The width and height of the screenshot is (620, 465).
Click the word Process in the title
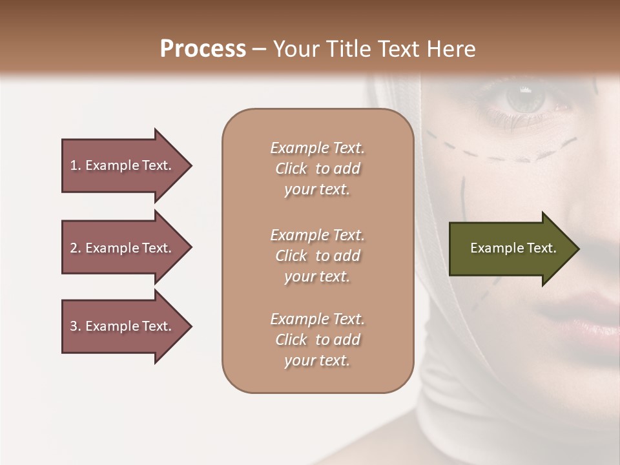point(203,49)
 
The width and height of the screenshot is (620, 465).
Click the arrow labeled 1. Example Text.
point(123,165)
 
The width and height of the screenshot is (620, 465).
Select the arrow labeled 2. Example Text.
point(123,248)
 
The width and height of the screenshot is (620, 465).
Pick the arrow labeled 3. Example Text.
point(123,326)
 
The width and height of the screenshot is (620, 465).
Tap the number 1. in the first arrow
point(76,165)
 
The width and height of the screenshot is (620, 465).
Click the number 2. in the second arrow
point(76,248)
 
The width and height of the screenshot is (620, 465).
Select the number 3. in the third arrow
point(76,326)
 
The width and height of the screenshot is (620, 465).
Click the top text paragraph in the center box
point(317,169)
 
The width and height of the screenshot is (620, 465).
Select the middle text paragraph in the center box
point(317,256)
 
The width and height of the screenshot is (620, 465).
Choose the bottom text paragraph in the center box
point(317,340)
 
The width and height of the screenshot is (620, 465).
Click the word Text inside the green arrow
point(542,248)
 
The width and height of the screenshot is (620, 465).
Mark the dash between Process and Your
point(259,49)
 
